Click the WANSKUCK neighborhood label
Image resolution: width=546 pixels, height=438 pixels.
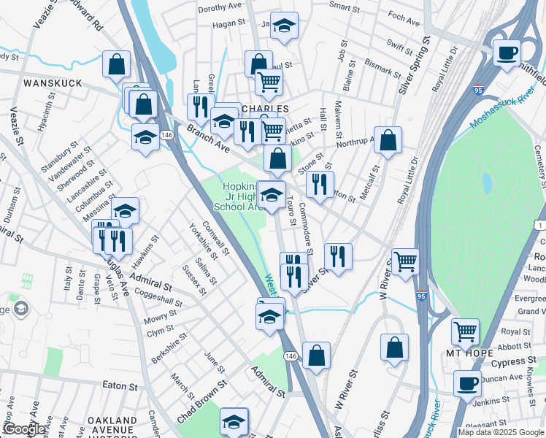(50, 84)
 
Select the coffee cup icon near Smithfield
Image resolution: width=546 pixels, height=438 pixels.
(507, 53)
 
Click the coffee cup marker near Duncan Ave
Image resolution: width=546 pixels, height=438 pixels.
(467, 383)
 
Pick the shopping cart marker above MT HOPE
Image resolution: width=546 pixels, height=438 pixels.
(465, 332)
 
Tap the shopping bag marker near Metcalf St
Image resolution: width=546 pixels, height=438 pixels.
(388, 140)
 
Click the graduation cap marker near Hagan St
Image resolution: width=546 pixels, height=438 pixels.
(285, 26)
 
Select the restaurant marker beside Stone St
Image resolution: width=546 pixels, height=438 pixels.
(320, 184)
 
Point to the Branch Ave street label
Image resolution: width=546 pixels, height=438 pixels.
(207, 138)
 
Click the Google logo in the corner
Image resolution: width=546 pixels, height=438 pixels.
(24, 429)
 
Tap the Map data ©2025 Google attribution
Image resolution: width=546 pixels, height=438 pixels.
(501, 432)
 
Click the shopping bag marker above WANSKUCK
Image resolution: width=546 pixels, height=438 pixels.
(116, 64)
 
